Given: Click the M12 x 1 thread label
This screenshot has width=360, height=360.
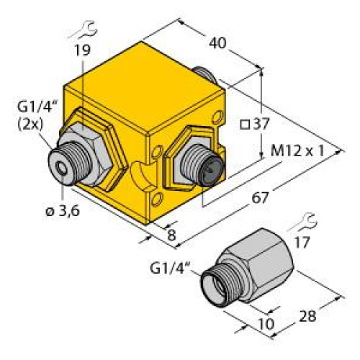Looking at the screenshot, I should coord(295,152).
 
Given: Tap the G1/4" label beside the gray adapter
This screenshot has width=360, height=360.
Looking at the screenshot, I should coord(171,269).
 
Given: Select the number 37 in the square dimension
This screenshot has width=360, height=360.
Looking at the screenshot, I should coord(261,123).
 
